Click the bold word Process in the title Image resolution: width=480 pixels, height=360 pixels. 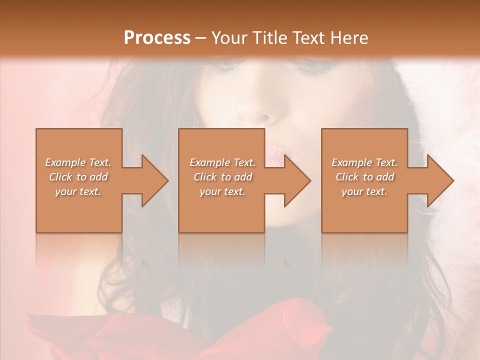pyautogui.click(x=157, y=37)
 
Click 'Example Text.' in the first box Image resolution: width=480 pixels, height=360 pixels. pyautogui.click(x=78, y=162)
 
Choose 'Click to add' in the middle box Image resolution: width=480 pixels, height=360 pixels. pyautogui.click(x=222, y=177)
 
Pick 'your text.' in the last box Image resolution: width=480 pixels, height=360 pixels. pyautogui.click(x=364, y=191)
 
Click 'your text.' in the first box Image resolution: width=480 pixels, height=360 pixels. pyautogui.click(x=78, y=191)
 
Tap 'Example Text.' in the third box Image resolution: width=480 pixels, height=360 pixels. pyautogui.click(x=364, y=162)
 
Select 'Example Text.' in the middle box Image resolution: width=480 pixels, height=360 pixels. pyautogui.click(x=222, y=162)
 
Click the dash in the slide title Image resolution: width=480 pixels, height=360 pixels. pyautogui.click(x=200, y=38)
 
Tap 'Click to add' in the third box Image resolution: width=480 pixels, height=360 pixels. pyautogui.click(x=364, y=177)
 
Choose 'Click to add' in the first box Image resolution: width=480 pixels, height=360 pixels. pyautogui.click(x=78, y=177)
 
